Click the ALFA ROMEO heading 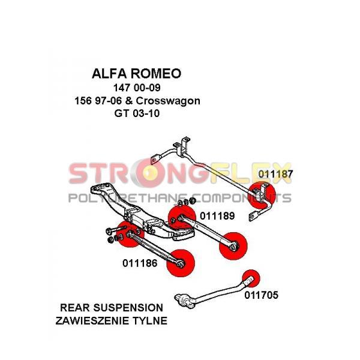point(137,73)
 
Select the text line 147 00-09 point(137,88)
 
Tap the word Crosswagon point(168,101)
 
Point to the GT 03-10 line point(137,113)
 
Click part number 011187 point(276,174)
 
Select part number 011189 point(217,216)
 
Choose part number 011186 point(140,263)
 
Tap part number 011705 point(261,295)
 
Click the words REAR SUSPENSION point(112,308)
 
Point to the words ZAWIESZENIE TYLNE point(112,320)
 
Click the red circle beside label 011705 point(251,278)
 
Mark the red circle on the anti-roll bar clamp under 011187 point(262,194)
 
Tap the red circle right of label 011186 point(181,263)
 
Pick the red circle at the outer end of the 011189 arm point(233,246)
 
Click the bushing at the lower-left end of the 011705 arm point(185,301)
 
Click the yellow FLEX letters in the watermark point(251,173)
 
